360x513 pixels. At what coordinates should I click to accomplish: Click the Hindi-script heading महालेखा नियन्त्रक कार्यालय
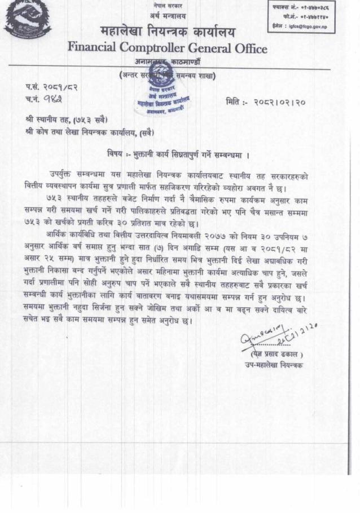[168, 31]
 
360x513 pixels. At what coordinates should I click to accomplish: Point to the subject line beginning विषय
[179, 154]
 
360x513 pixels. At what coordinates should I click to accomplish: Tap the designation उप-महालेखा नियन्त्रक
[274, 365]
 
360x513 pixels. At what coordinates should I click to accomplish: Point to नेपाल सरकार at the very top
[169, 5]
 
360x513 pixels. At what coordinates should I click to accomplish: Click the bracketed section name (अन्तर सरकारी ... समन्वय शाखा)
[168, 76]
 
